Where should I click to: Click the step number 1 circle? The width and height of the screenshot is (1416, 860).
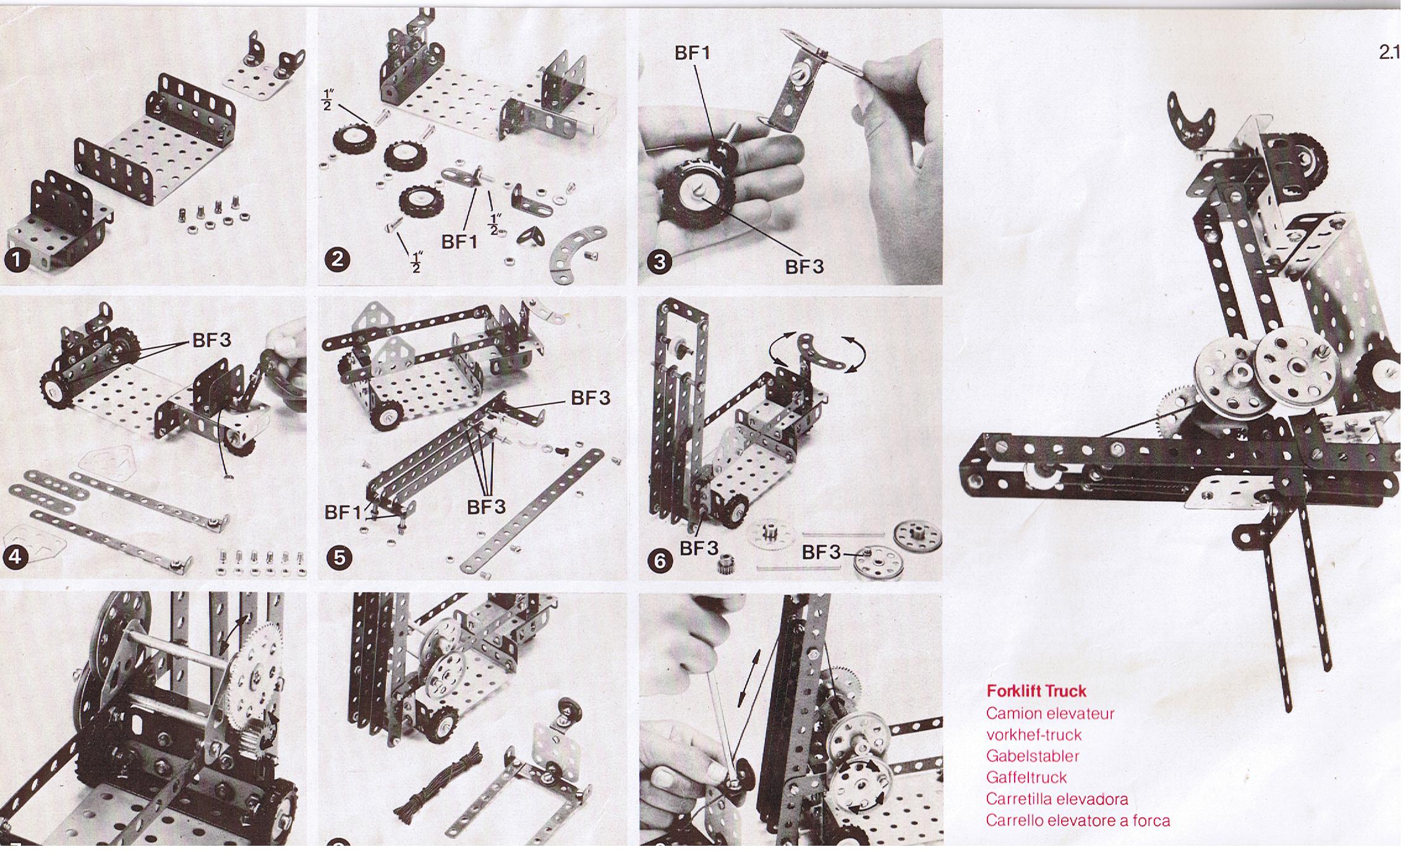coord(17,260)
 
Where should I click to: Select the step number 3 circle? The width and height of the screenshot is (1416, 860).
coord(659,262)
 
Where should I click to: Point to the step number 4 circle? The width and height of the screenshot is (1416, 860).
coord(15,556)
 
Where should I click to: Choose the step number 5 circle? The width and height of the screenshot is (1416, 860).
coord(339,558)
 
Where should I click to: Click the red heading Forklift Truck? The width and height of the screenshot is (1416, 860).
coord(1036,691)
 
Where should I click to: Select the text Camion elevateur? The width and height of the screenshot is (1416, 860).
coord(1050,713)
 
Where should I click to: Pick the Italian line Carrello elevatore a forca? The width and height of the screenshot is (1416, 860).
coord(1078,820)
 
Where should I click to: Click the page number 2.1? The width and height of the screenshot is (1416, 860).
coord(1389,53)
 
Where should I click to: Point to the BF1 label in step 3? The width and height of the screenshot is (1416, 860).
coord(693,53)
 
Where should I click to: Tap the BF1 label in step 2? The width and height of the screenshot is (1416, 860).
coord(459,242)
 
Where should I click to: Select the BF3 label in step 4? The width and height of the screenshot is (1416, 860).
coord(211,339)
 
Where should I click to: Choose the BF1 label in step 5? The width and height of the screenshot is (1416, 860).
coord(343,513)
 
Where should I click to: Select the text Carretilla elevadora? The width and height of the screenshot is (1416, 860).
coord(1057,799)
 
